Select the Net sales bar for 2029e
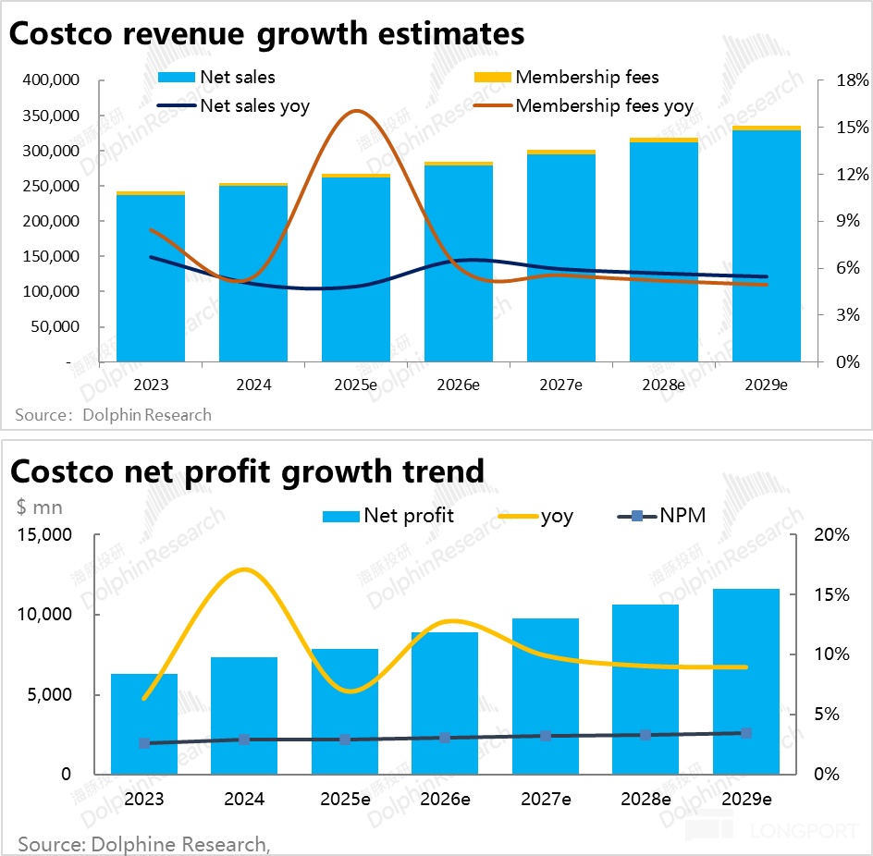tap(767, 245)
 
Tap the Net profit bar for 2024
tap(244, 715)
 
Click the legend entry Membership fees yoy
tap(604, 106)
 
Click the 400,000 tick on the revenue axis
tap(51, 81)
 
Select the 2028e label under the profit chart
tap(646, 799)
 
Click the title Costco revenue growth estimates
tap(267, 34)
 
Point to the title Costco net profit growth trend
tap(247, 471)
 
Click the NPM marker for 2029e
tap(746, 733)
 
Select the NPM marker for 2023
tap(144, 742)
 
